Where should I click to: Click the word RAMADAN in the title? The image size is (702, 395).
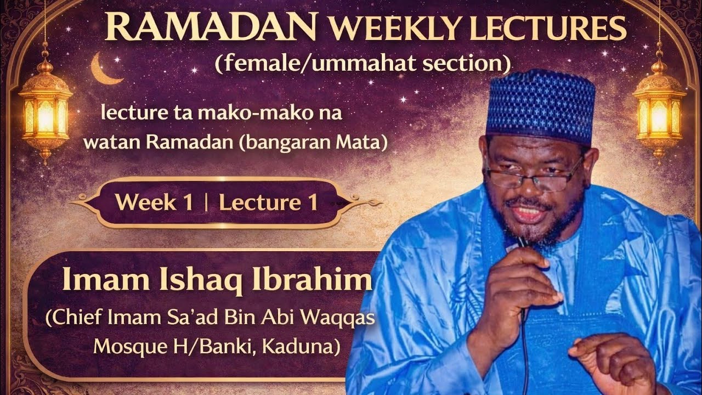(211, 27)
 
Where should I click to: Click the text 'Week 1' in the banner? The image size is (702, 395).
(154, 203)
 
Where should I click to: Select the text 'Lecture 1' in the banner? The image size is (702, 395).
(268, 203)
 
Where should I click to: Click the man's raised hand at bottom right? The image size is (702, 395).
(614, 362)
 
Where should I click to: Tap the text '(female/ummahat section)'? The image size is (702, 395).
(363, 64)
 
